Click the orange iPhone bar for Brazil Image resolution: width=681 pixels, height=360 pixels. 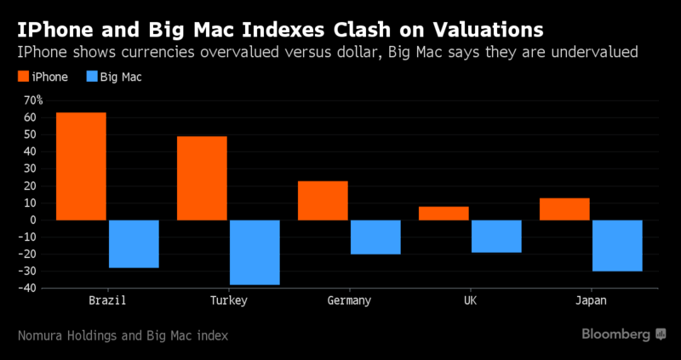click(x=81, y=166)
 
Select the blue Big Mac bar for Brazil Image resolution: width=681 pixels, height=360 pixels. click(x=134, y=243)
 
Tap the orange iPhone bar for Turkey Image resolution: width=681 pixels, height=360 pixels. click(x=202, y=178)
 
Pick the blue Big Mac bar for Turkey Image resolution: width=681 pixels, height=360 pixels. click(x=255, y=252)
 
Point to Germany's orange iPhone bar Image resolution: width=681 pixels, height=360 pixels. click(x=323, y=200)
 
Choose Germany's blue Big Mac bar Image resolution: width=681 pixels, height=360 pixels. click(x=375, y=237)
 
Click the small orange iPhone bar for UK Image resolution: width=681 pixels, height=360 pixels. click(x=444, y=213)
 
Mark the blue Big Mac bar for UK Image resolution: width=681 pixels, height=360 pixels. click(x=496, y=236)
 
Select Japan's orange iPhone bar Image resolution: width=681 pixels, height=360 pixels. click(x=564, y=209)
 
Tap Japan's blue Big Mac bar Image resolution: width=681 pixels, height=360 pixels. click(x=617, y=245)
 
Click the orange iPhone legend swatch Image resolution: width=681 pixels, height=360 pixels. click(x=25, y=77)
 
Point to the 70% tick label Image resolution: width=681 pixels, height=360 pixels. click(x=34, y=100)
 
